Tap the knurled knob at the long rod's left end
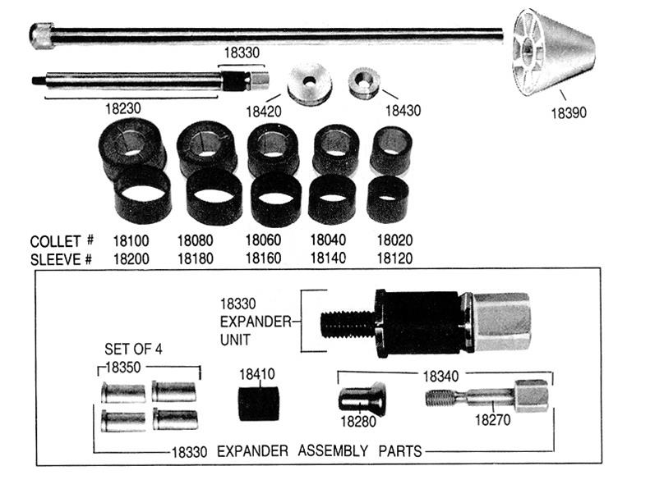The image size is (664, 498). coord(40,34)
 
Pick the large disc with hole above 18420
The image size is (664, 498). coord(309,84)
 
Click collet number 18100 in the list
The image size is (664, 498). coord(131,241)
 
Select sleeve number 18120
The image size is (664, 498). coord(394,258)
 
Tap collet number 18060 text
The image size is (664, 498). coord(263,241)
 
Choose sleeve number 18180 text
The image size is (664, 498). coord(196,258)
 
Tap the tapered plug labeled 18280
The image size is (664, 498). coord(362,399)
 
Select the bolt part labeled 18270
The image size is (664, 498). coord(490,399)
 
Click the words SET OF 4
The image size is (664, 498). coord(133,350)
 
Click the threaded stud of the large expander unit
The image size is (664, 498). coord(346,322)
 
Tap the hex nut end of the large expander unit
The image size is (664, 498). coord(500,322)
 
